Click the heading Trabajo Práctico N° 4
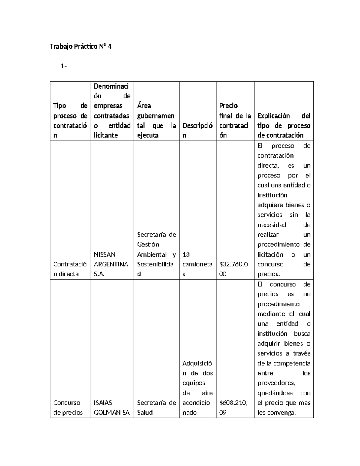coord(80,47)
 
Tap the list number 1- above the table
coord(63,66)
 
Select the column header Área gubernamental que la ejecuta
coord(156,120)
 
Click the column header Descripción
coord(197,130)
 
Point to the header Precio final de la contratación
coord(235,120)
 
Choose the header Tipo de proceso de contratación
coord(70,120)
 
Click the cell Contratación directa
coord(70,269)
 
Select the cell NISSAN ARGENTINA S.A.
coord(111,264)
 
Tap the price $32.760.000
coord(234,269)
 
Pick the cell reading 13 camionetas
coord(197,264)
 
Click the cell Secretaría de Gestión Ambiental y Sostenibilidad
coord(157,254)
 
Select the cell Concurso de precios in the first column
coord(68,407)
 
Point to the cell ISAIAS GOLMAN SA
coord(112,407)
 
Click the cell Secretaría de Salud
coord(157,407)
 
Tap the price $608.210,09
coord(234,407)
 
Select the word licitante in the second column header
coord(106,135)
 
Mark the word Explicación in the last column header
coord(274,116)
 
